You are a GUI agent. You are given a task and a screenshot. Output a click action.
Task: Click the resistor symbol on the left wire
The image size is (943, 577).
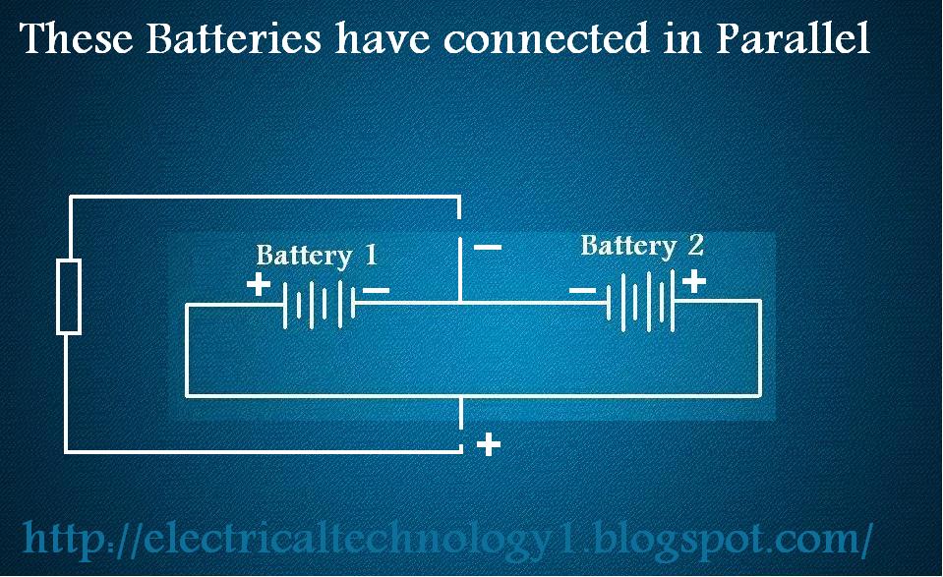pos(68,297)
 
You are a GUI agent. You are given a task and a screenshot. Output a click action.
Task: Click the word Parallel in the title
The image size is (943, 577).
pos(793,39)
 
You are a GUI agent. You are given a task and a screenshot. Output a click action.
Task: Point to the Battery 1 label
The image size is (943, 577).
pos(316,256)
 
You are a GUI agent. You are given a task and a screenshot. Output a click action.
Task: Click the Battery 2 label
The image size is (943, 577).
pos(641,245)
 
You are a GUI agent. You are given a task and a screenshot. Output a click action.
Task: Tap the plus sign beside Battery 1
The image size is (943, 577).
pos(258,285)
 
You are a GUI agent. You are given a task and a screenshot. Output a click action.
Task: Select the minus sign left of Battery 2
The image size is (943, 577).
pos(582,290)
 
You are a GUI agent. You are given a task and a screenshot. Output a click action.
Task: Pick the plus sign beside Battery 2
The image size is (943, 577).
pos(693,282)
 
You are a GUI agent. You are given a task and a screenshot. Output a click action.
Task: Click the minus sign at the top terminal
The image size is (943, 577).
pos(488,247)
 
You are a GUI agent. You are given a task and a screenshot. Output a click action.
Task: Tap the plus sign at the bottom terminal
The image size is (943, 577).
pos(488,445)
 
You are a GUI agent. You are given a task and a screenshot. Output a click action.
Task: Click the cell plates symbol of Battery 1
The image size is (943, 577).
pos(319,304)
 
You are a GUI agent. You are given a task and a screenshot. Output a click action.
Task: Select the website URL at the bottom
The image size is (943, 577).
pos(447,539)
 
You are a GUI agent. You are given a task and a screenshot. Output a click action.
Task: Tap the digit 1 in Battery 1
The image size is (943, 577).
pos(370,256)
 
